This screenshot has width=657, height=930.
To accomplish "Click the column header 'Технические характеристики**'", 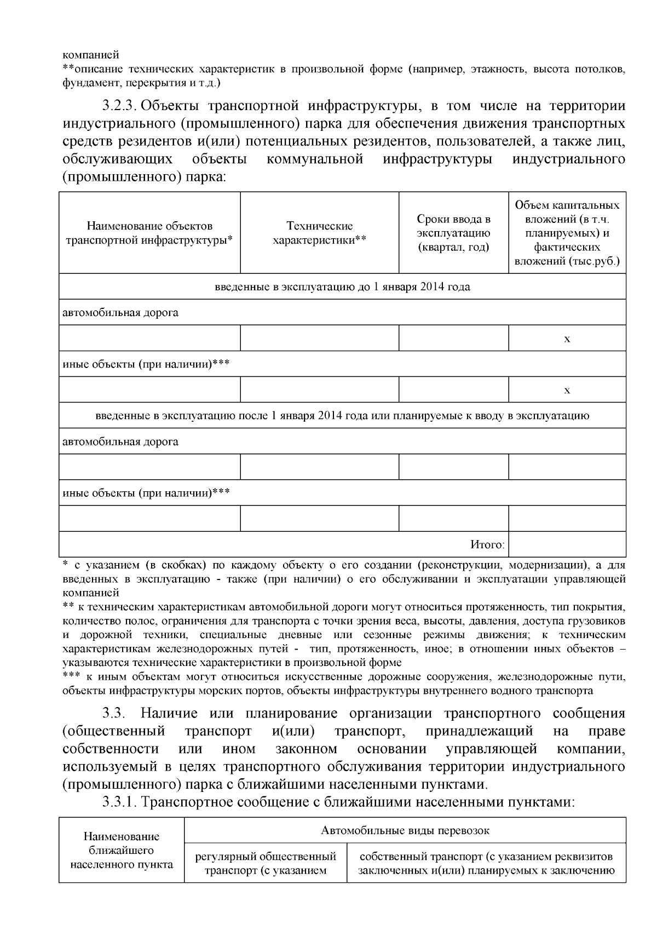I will click(x=319, y=233).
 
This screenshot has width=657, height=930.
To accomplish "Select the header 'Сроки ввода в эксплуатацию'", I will click(x=453, y=233).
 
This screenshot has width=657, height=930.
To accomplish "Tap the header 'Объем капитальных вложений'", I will click(x=567, y=233).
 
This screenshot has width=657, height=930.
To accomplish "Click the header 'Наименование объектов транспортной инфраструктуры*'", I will click(x=149, y=233).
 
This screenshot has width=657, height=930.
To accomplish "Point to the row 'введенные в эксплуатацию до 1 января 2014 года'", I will click(x=342, y=286).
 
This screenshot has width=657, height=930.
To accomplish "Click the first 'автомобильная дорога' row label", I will click(x=120, y=313).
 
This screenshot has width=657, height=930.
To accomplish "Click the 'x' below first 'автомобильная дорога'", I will click(x=567, y=338).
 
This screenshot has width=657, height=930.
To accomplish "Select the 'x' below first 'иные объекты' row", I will click(x=567, y=390).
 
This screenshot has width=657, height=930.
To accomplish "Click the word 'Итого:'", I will click(x=487, y=544).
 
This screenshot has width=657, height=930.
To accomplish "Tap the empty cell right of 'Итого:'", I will click(x=567, y=544).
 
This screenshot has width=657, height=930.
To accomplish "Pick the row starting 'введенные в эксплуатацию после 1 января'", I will click(x=342, y=416).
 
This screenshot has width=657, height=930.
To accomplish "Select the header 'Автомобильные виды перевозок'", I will click(x=405, y=830).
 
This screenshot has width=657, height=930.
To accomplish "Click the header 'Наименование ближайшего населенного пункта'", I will click(x=122, y=851).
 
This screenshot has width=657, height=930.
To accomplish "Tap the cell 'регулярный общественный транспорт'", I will click(x=266, y=863).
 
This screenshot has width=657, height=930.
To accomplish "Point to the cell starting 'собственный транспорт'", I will click(x=486, y=863).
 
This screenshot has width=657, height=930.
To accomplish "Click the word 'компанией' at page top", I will click(x=90, y=55).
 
